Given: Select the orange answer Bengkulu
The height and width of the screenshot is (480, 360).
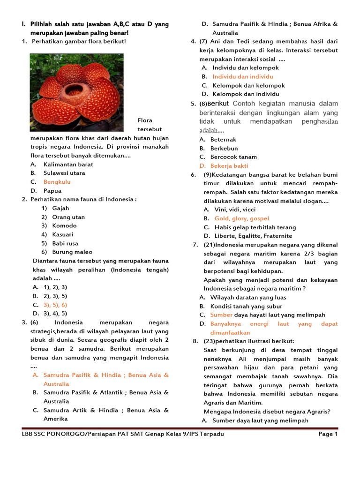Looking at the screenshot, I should coord(57,182).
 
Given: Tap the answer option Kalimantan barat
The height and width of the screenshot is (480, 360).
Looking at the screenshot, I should coord(68,165).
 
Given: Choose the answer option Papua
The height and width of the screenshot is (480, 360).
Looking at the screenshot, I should coord(52,191).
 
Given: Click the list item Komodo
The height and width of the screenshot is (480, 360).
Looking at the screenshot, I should coord(65,226).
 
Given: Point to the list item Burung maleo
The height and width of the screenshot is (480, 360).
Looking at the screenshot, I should coord(72,252).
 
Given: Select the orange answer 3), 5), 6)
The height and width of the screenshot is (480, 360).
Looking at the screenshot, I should coord(55,305).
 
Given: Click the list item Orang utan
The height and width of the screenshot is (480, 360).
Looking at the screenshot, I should coord(68,217).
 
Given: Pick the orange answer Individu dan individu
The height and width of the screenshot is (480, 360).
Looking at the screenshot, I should coord(242,76).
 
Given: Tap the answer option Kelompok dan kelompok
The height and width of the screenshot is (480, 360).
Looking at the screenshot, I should coord(248,85).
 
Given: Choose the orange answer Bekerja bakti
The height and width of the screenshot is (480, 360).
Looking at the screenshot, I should coord(229,166).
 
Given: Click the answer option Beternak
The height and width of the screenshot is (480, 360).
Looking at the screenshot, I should coord(223,140).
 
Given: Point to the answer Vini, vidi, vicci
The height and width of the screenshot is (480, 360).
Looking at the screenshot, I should coord(235,210).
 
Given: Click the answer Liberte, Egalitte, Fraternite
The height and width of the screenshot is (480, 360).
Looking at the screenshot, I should coord(253,236).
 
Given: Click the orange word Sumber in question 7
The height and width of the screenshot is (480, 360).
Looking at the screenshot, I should coord(221,315).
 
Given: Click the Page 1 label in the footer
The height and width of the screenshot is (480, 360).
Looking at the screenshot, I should coord(328,434).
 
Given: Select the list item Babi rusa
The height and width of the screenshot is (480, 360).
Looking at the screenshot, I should coord(66,243).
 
